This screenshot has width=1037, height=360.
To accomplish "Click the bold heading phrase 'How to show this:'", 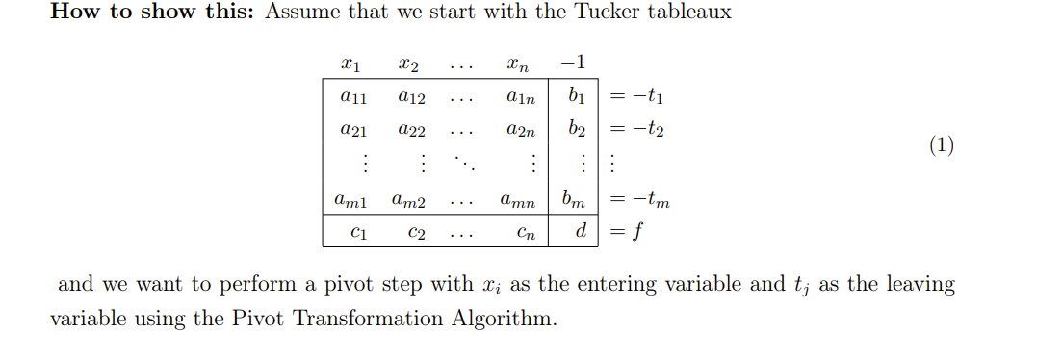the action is [x=151, y=13].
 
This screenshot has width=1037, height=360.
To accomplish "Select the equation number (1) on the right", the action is [x=941, y=146].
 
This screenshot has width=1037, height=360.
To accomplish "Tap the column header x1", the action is [x=351, y=66].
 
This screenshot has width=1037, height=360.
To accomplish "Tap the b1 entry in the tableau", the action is [x=576, y=96].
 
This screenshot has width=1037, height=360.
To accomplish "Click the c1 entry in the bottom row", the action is [x=357, y=231].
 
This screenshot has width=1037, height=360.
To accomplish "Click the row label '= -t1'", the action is [x=635, y=97].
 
